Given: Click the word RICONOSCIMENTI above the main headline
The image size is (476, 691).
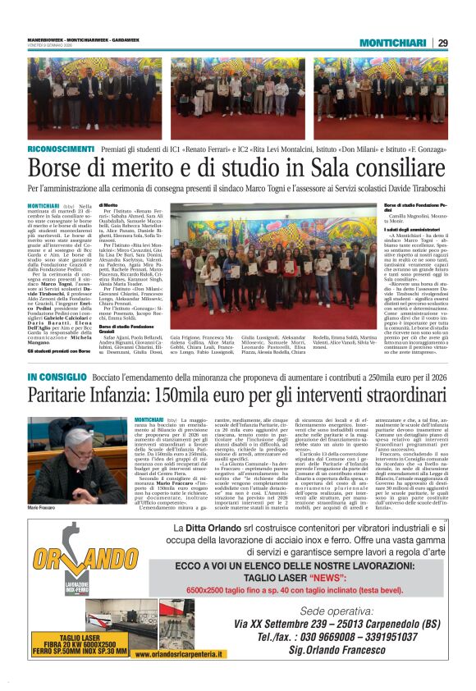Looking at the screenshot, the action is pos(62,149).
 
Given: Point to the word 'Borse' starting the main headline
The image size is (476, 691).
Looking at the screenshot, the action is pos(56,168).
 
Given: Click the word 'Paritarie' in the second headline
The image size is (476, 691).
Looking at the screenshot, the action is pos(68,396).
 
